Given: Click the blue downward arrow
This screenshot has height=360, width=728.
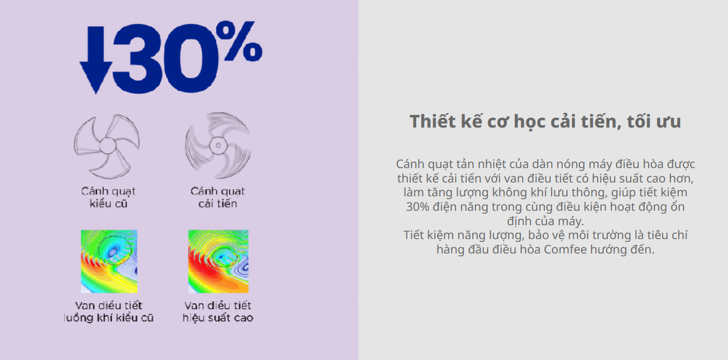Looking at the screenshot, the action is (96, 60).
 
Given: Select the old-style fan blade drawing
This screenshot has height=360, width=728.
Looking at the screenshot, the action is (107, 146).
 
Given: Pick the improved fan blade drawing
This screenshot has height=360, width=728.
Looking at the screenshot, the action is (218, 145).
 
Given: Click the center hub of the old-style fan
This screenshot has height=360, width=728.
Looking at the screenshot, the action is (108, 146).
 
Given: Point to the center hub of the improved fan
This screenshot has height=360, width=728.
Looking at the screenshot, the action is (218, 145).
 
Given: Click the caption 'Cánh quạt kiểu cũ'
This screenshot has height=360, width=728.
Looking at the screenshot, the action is (108, 197).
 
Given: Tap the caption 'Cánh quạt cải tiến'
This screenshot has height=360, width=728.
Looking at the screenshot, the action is (218, 197).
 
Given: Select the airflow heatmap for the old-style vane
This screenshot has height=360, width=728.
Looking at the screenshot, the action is (109, 261).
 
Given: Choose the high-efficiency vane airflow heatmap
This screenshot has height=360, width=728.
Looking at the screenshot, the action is (219, 261).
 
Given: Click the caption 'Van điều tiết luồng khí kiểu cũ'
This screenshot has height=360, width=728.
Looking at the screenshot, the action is (109, 312).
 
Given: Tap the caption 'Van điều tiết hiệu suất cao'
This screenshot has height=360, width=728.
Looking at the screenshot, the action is (218, 312).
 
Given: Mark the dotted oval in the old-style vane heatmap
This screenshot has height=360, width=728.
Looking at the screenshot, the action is (115, 250).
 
